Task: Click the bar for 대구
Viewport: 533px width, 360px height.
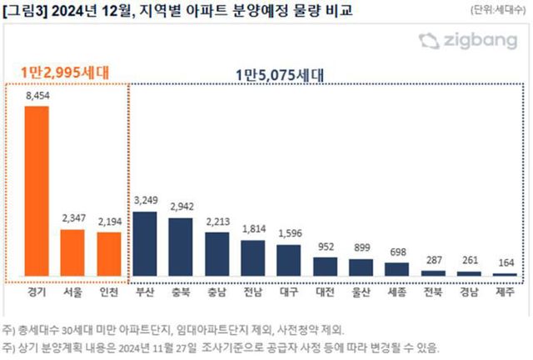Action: pos(288,260)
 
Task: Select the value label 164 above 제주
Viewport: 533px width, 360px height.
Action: pos(505,264)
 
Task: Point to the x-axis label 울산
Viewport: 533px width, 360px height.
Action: pos(361,292)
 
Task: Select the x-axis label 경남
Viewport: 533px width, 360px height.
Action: pos(469,292)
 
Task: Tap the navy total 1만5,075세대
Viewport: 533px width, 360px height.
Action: pos(281,73)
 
